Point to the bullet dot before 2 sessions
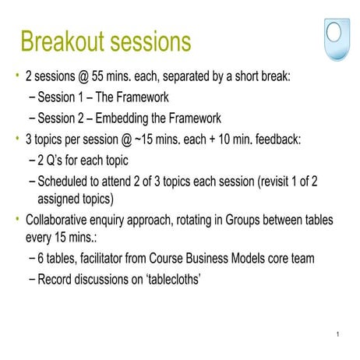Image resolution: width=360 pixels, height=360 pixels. coord(16,77)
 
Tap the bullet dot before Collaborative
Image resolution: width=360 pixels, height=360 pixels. coord(16,219)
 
